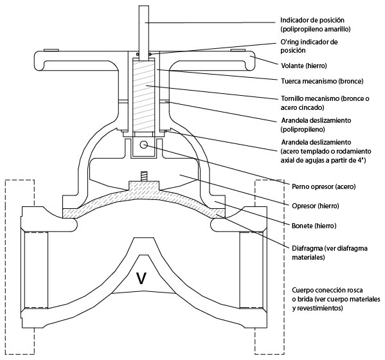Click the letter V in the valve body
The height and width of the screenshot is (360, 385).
pos(141,278)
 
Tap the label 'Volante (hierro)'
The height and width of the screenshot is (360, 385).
pos(304,66)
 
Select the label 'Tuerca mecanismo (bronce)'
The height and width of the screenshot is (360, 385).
pos(322,81)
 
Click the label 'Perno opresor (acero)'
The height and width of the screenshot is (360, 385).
pos(323,186)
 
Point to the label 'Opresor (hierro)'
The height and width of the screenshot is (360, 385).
pos(316,206)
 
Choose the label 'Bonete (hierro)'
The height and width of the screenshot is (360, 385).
pos(314,226)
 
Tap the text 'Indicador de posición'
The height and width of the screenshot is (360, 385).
pos(312,20)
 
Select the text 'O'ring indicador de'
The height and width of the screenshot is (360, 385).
pos(309,42)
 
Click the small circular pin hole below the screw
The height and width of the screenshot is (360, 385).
pos(143,145)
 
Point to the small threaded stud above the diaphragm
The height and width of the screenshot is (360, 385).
pos(143,177)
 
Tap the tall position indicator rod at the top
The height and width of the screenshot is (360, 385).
pos(143,32)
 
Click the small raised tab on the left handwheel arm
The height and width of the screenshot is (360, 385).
pos(51,50)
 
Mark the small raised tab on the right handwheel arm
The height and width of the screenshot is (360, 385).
pos(238,50)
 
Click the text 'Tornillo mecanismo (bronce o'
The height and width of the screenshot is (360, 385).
pos(325,99)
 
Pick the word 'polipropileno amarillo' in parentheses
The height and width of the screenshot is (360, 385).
pos(316,29)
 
